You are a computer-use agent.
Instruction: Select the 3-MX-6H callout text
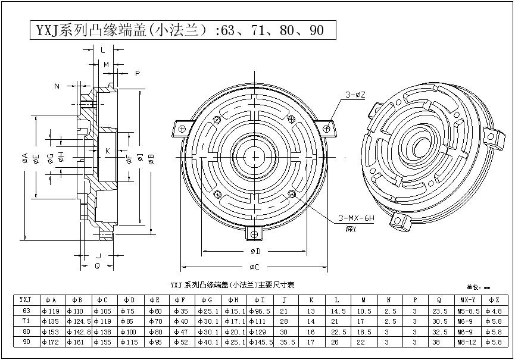pyautogui.click(x=356, y=218)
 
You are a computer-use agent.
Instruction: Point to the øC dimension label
pyautogui.click(x=254, y=266)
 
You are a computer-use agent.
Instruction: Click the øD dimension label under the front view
pyautogui.click(x=254, y=252)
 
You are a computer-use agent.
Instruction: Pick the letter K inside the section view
pyautogui.click(x=107, y=151)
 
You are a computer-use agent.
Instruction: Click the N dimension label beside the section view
pyautogui.click(x=57, y=86)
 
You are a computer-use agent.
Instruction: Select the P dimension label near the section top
pyautogui.click(x=137, y=73)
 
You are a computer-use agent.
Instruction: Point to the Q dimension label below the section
pyautogui.click(x=97, y=266)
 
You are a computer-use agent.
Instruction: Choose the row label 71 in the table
pyautogui.click(x=26, y=321)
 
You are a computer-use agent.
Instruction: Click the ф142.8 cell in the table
pyautogui.click(x=77, y=331)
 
